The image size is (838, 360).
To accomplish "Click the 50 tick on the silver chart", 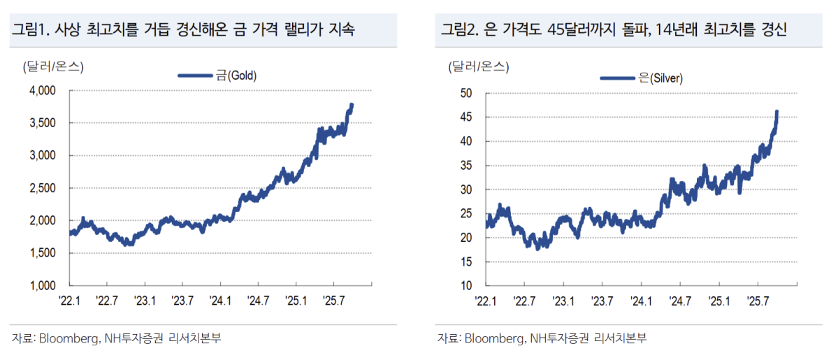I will click(x=466, y=93).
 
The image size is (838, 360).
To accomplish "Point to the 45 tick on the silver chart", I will click(x=466, y=117).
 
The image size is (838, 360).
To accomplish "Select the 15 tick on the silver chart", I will click(x=466, y=262).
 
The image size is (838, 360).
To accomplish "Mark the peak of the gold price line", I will click(x=352, y=105).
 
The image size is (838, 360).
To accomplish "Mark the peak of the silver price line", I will click(x=776, y=111).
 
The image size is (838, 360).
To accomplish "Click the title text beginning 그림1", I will click(x=182, y=30).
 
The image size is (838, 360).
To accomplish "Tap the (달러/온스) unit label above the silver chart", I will click(x=479, y=67).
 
